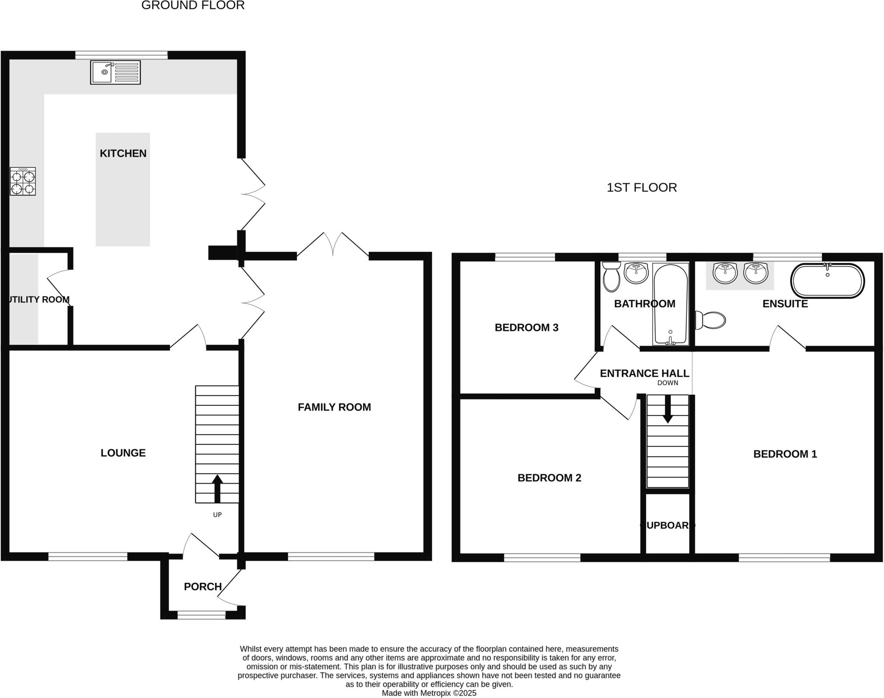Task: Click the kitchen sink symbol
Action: (115, 72)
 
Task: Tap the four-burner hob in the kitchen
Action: (23, 182)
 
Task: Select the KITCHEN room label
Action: (123, 153)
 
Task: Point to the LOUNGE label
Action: (123, 453)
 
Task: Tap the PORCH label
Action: (202, 586)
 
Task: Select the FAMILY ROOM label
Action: (334, 407)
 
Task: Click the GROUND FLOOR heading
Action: (193, 6)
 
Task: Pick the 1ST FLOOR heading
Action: (641, 187)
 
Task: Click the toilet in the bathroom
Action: (611, 277)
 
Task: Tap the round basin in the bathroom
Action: (636, 273)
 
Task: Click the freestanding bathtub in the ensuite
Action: (827, 280)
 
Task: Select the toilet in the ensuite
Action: (710, 320)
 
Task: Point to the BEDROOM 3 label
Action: (526, 327)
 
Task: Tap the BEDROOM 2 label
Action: (549, 478)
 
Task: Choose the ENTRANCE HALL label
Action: (644, 373)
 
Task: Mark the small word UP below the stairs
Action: (217, 515)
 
